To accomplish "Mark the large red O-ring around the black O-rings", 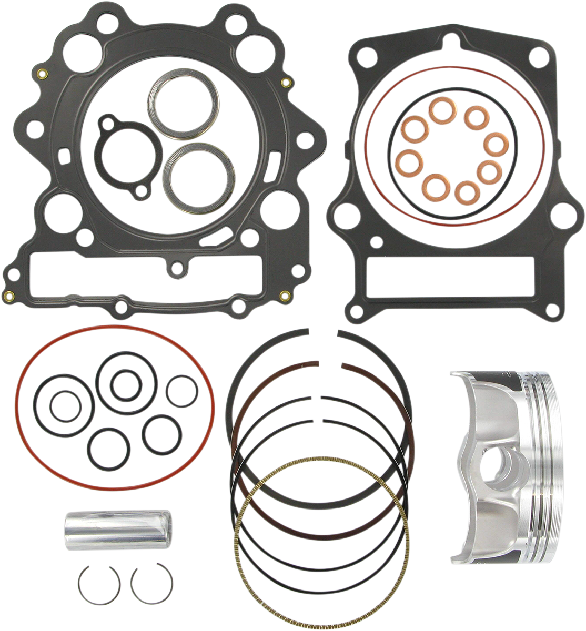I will coord(22,405).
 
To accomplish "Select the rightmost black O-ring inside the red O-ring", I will coord(182,391).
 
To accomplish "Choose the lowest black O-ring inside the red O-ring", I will coord(108,448).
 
